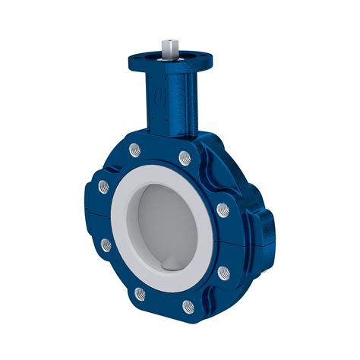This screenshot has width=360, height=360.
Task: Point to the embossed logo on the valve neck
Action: (156, 98)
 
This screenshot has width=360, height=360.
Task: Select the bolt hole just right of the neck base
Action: (184, 158)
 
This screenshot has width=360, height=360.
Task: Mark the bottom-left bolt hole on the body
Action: (139, 292)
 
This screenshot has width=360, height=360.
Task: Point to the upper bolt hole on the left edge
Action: (102, 185)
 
